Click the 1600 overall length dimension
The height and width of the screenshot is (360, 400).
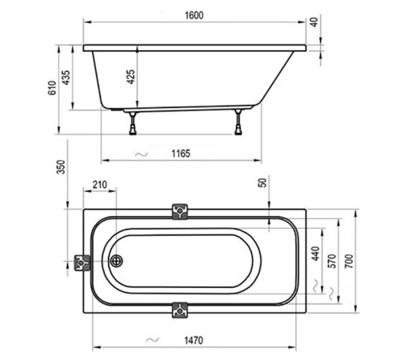194,14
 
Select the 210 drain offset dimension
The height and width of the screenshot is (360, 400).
100,185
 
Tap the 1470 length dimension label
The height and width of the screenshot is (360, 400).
190,340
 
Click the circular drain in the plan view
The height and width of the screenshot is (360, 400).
116,260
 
